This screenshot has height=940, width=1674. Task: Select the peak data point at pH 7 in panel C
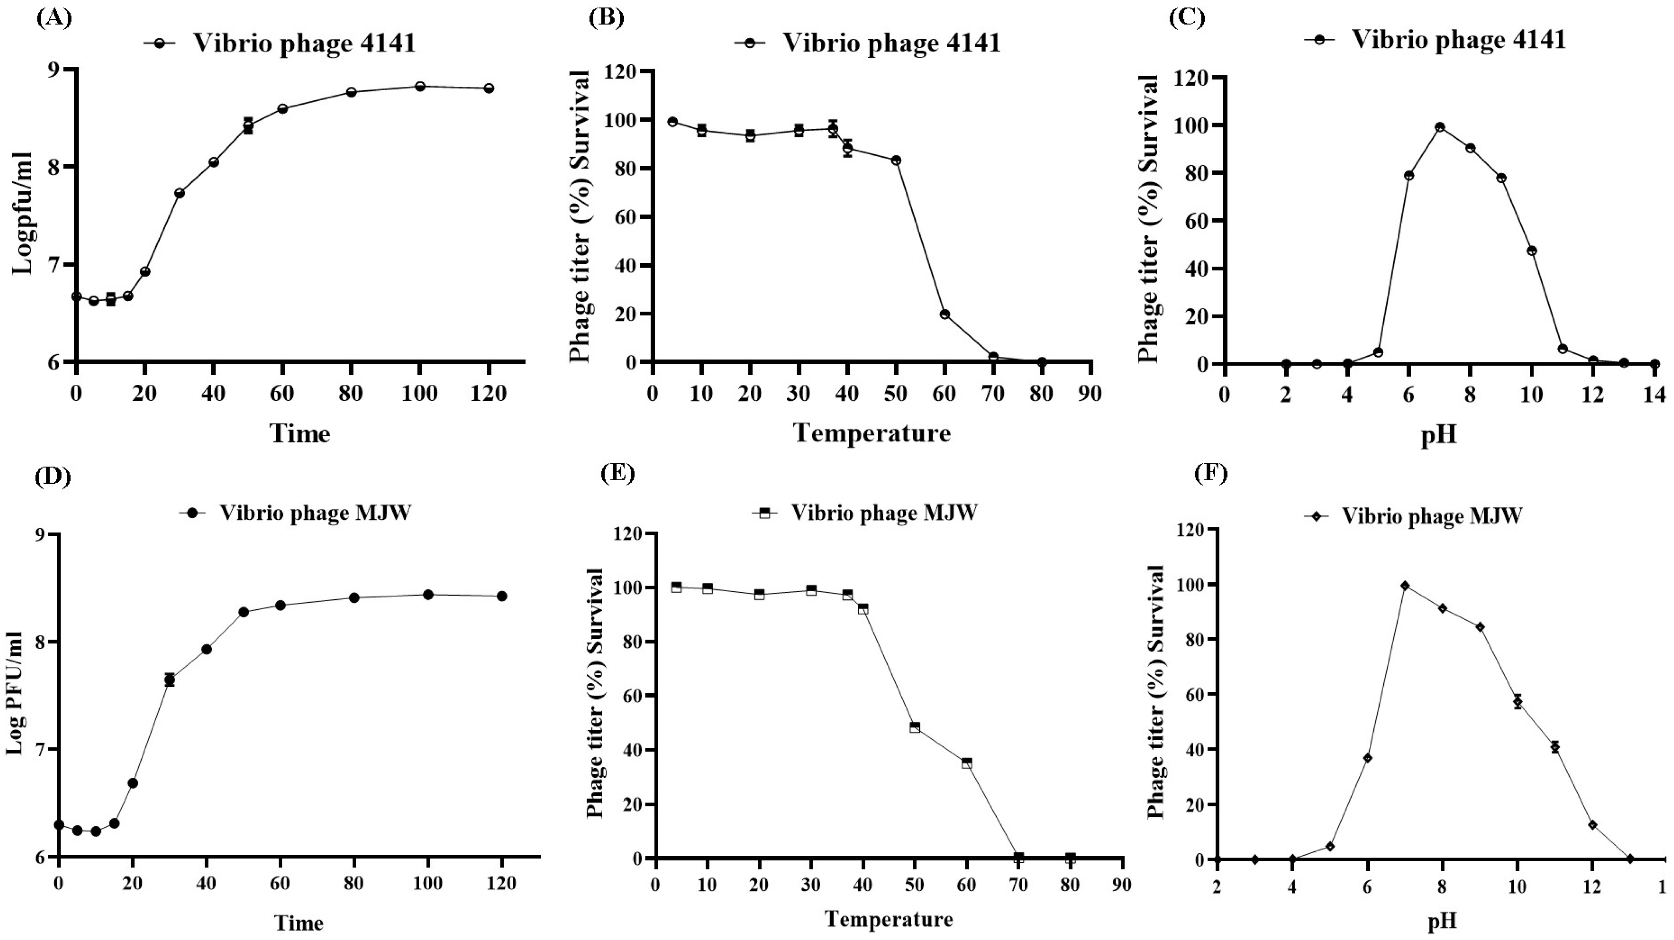click(x=1440, y=127)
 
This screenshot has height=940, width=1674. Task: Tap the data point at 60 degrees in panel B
click(x=945, y=314)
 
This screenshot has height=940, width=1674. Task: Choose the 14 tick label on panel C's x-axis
click(x=1654, y=395)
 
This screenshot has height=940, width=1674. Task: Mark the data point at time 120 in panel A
click(x=489, y=88)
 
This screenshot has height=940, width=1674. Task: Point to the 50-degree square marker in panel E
click(x=915, y=727)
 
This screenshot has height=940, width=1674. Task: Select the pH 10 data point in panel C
click(x=1532, y=250)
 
